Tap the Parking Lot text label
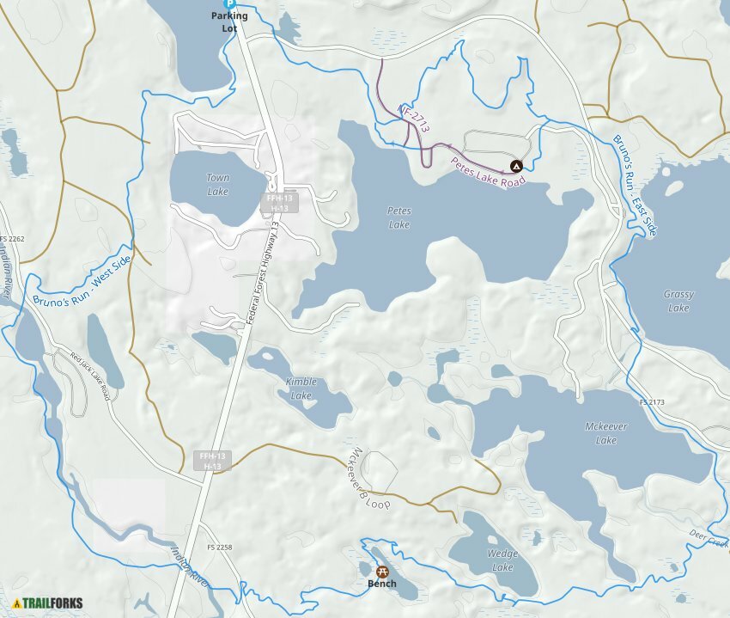point(229,21)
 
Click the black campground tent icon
point(515,166)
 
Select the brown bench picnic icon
point(382,571)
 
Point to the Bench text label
point(382,584)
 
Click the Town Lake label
point(218,185)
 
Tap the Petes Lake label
point(399,217)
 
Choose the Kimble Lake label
point(301,389)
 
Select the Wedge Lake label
point(502,560)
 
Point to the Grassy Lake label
point(678,301)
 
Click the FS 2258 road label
point(219,547)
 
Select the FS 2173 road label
point(653,401)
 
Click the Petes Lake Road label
point(487,172)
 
